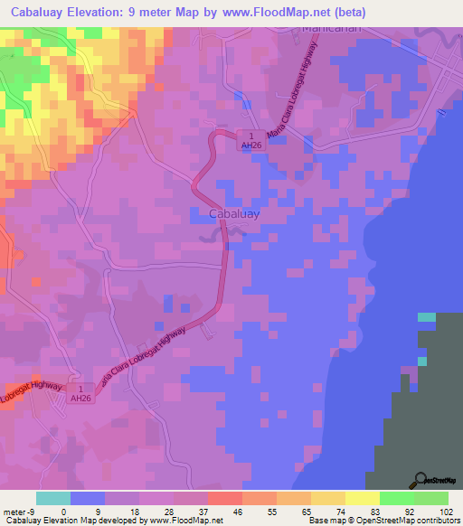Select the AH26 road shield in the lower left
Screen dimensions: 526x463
[x=81, y=392]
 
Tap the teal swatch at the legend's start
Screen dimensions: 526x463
[x=53, y=497]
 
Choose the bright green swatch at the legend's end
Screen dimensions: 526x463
[x=431, y=497]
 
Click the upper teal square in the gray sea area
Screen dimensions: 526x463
[x=426, y=316]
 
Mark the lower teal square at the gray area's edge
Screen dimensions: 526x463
[x=421, y=362]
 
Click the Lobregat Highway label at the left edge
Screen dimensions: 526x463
[x=32, y=389]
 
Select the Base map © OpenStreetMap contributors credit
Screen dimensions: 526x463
[x=381, y=521]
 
